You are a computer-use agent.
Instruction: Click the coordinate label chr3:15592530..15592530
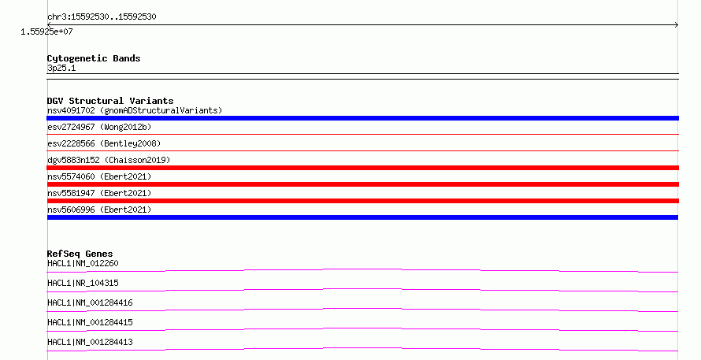tap(102, 17)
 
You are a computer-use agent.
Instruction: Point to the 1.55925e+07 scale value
tap(46, 32)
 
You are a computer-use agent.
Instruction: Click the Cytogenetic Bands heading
tap(94, 58)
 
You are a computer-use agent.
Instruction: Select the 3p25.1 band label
tap(61, 68)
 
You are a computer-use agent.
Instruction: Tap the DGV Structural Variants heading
tap(110, 101)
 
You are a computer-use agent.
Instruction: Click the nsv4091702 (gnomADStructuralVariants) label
tap(135, 110)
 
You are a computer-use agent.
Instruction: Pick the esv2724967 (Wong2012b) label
tap(99, 127)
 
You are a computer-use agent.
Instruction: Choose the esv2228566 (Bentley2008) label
tap(104, 143)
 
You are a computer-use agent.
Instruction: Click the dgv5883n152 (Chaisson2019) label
tap(109, 160)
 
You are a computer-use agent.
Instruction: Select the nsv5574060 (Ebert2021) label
tap(99, 176)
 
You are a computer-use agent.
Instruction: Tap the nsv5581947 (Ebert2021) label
tap(99, 193)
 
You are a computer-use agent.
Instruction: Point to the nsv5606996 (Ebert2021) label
tap(99, 210)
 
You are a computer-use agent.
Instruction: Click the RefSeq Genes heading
tap(80, 254)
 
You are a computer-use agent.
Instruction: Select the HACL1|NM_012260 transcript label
tap(83, 263)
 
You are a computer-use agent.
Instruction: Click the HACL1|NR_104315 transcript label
tap(83, 283)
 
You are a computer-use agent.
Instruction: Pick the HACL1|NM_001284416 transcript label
tap(90, 302)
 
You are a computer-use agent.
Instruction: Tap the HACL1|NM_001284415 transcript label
tap(90, 322)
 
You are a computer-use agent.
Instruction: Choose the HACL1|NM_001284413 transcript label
tap(90, 342)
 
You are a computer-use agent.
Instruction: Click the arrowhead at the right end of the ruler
tap(677, 25)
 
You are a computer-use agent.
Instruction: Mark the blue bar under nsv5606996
tap(362, 217)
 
